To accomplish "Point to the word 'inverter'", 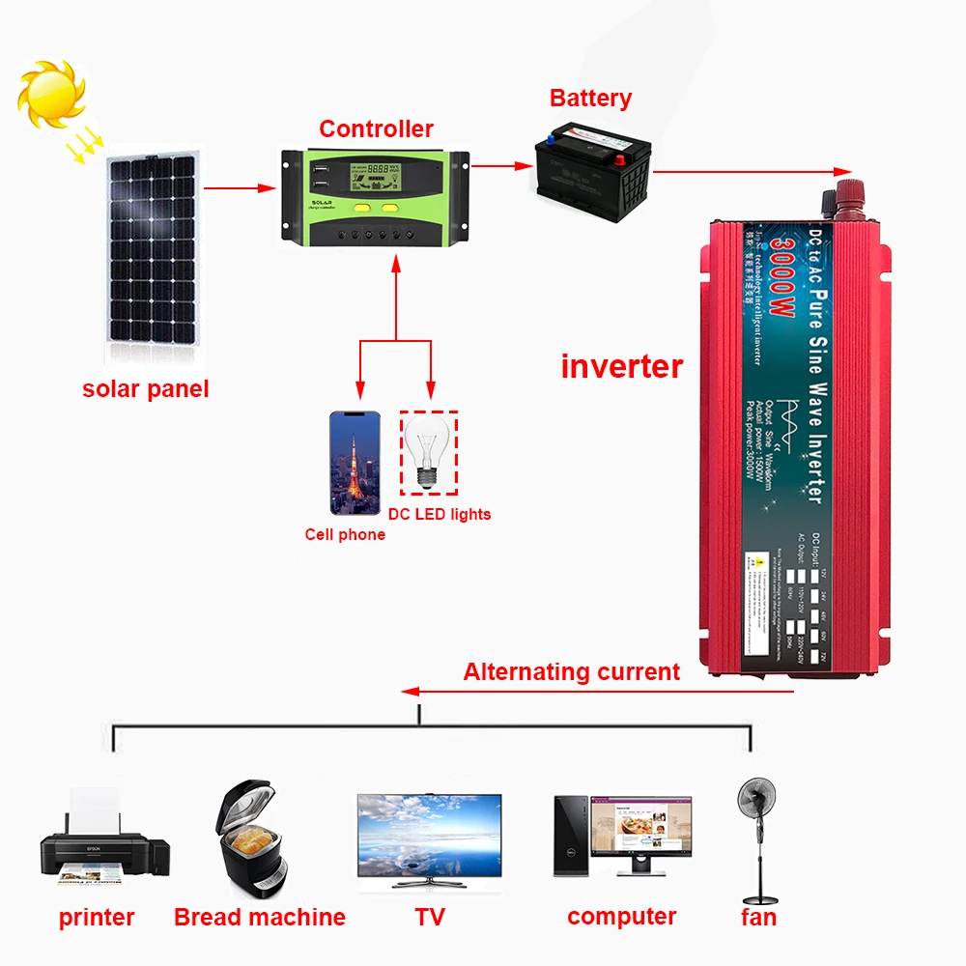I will tap(622, 367).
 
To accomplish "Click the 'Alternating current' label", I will tap(572, 672).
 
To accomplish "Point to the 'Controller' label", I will tap(376, 128).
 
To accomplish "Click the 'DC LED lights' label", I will tap(440, 514).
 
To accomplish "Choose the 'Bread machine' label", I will tap(260, 917).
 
